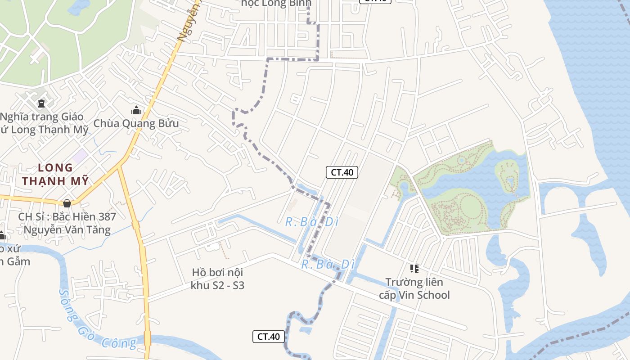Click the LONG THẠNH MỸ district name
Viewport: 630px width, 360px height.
(56, 175)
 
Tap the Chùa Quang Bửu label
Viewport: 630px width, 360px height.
(136, 123)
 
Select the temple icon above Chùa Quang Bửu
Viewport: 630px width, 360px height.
(136, 110)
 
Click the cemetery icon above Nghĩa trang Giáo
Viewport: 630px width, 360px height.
(41, 104)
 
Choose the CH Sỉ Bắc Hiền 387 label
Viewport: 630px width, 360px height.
(67, 223)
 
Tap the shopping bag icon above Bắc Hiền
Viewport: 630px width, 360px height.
(67, 203)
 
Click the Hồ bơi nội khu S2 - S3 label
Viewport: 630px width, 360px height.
(217, 279)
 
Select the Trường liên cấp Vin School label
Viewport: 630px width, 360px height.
(414, 288)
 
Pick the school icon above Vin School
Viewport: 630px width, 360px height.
(414, 269)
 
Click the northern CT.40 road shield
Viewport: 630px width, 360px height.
(342, 172)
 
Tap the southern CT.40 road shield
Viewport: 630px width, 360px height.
(269, 336)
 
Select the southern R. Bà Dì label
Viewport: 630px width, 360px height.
(328, 264)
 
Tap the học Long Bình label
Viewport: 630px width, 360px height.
(276, 4)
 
